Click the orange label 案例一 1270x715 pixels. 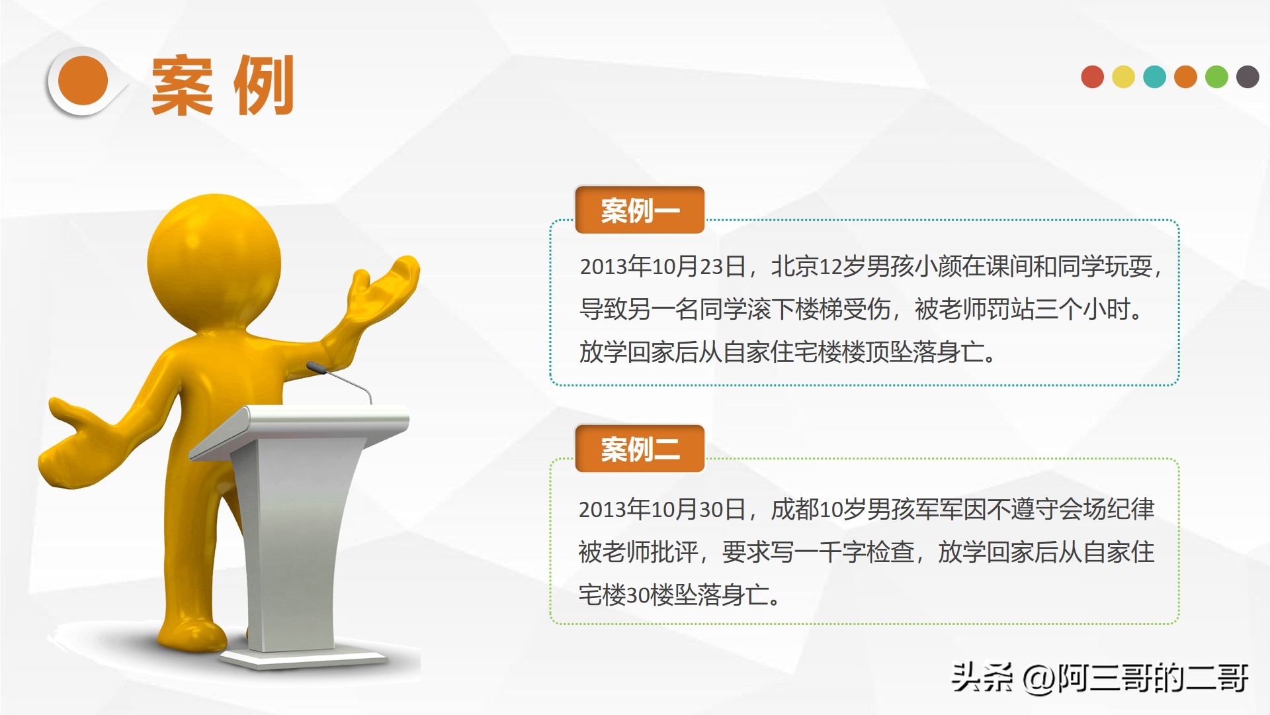tap(640, 211)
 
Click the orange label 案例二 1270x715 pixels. tap(640, 449)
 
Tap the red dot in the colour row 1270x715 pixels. tap(1092, 77)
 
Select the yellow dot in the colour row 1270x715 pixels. tap(1123, 77)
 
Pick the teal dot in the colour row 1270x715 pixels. tap(1154, 77)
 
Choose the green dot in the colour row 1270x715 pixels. tap(1216, 77)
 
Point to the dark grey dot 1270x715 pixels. tap(1248, 77)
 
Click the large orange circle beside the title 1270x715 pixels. tap(83, 81)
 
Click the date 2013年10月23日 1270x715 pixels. tap(663, 266)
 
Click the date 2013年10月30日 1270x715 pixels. tap(663, 509)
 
